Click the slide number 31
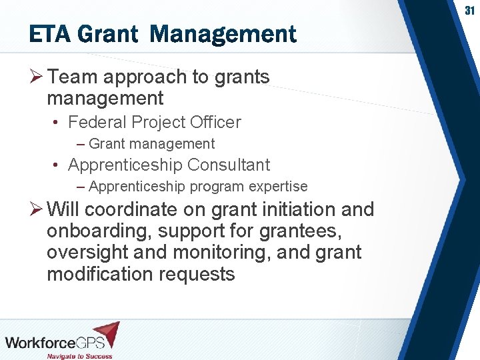[469, 11]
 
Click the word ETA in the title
[52, 34]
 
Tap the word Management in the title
[223, 34]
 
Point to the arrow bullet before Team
[37, 77]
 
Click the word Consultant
[229, 165]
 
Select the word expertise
[278, 187]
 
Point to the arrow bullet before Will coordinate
[37, 210]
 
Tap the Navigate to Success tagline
[79, 355]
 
